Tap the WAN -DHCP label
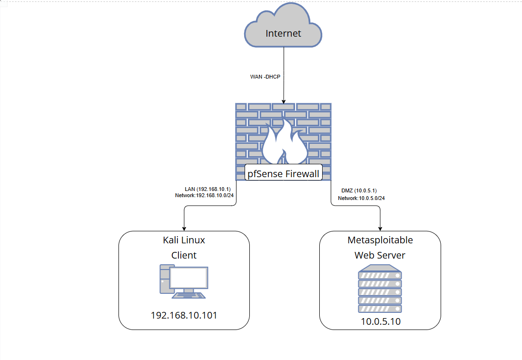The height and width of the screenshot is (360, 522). pyautogui.click(x=266, y=77)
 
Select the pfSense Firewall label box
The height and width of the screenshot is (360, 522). pyautogui.click(x=283, y=172)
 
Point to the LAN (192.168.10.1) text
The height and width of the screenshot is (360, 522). pyautogui.click(x=208, y=189)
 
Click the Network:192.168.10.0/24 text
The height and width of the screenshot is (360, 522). pyautogui.click(x=205, y=196)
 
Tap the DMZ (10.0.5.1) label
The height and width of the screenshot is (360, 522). pyautogui.click(x=359, y=190)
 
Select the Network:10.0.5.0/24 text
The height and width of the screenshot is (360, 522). pyautogui.click(x=361, y=198)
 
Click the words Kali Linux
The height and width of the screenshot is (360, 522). pyautogui.click(x=184, y=240)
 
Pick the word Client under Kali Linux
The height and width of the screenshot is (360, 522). pyautogui.click(x=184, y=255)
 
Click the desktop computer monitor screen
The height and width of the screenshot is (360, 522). pyautogui.click(x=189, y=278)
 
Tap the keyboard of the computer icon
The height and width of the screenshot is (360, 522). pyautogui.click(x=188, y=295)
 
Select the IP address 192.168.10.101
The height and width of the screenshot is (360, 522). pyautogui.click(x=184, y=315)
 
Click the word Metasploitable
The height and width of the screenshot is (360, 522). pyautogui.click(x=380, y=240)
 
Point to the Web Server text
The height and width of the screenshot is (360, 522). pyautogui.click(x=380, y=255)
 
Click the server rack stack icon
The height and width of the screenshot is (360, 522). pyautogui.click(x=380, y=289)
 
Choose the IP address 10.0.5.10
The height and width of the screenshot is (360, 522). pyautogui.click(x=381, y=321)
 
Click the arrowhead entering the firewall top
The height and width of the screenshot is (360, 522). pyautogui.click(x=284, y=101)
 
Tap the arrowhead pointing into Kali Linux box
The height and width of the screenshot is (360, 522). pyautogui.click(x=184, y=229)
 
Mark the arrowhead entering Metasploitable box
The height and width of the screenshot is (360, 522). pyautogui.click(x=380, y=229)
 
